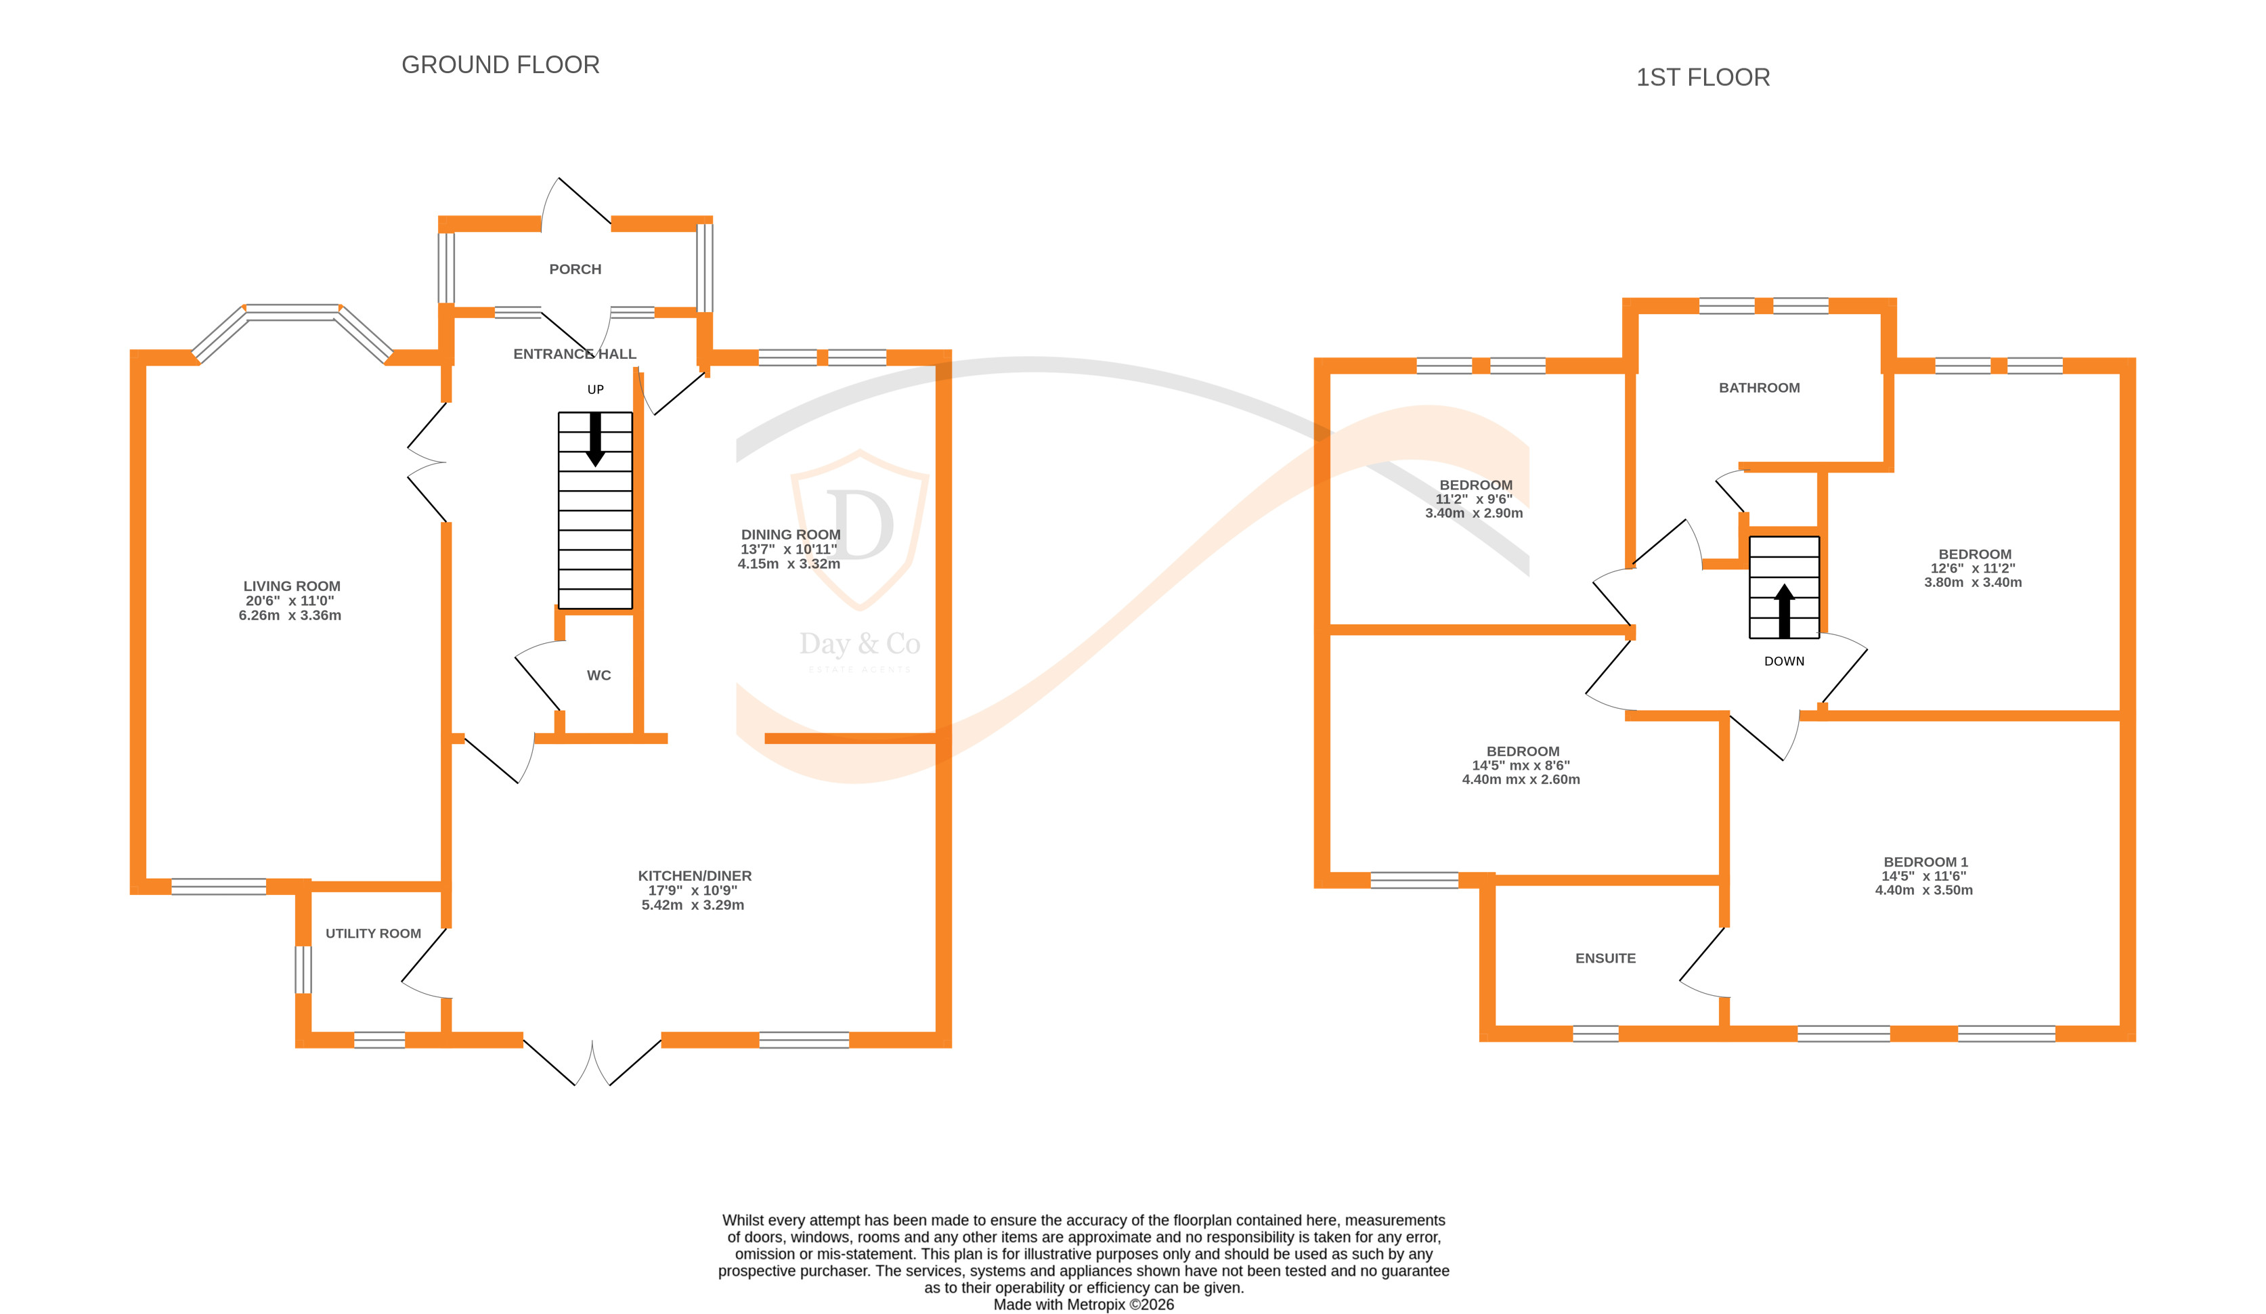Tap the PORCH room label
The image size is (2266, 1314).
[575, 269]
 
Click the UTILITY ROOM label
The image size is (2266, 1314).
[373, 933]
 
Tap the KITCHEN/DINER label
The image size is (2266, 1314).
[694, 875]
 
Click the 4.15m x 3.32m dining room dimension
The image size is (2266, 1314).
[789, 564]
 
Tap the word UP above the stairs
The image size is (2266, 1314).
[595, 389]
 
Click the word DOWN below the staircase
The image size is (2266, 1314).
[1784, 661]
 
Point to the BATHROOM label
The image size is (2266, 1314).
[1759, 388]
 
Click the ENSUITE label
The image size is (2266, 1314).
[1605, 958]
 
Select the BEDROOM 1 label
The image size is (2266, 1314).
[1925, 862]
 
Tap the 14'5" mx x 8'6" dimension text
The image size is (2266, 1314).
[1521, 766]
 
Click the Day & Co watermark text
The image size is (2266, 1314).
[860, 644]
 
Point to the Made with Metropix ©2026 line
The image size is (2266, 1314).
[1083, 1304]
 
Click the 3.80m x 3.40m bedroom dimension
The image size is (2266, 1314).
[1973, 582]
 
